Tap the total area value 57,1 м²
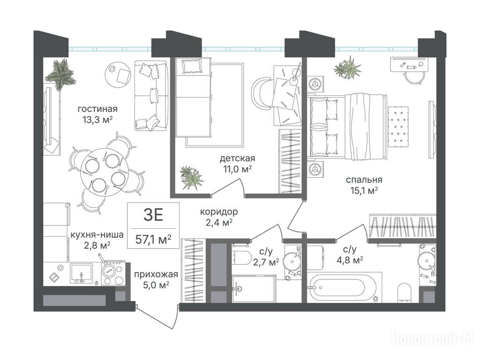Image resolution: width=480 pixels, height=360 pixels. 153,240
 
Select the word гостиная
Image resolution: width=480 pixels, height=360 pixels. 97,109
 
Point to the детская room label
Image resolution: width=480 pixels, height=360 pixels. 237,158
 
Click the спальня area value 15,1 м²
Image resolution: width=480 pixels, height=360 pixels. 364,191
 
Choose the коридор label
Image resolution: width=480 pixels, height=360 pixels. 219,211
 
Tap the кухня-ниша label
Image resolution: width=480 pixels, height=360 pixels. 97,235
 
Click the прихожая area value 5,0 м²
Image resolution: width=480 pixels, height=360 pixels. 156,285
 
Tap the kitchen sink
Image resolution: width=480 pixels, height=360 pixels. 82,273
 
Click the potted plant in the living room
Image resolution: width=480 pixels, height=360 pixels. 60,75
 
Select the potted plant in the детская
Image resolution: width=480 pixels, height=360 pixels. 191,177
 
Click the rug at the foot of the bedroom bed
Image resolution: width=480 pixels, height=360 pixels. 398,126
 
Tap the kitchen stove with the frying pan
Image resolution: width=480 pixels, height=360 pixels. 113,273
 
